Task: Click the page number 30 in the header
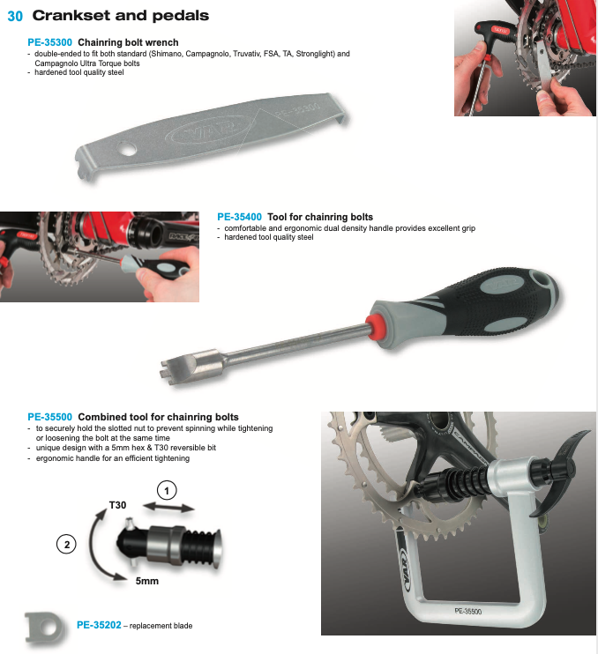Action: (15, 16)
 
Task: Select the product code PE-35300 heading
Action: (49, 42)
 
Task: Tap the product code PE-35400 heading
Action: (240, 217)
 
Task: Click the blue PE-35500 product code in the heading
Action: (49, 417)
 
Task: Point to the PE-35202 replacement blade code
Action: (99, 625)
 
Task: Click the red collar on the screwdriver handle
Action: (373, 326)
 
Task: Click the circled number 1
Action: (167, 490)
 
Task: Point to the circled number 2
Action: (66, 545)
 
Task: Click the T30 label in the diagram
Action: (117, 505)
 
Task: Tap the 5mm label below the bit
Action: (147, 581)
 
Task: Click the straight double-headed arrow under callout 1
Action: (168, 508)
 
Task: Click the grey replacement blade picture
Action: (45, 628)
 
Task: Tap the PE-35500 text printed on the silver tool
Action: (467, 611)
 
